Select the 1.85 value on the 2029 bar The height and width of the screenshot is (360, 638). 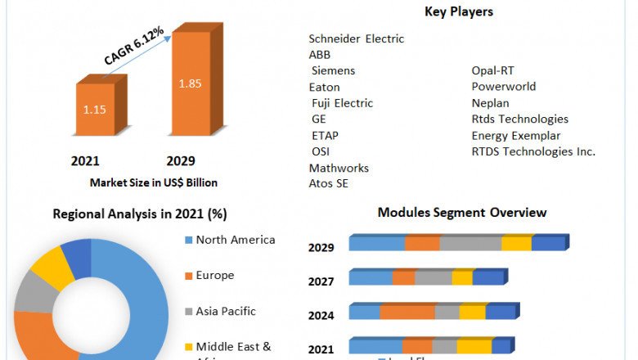(x=190, y=83)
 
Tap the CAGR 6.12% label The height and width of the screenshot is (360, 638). (x=134, y=46)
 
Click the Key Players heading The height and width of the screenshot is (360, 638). (x=459, y=11)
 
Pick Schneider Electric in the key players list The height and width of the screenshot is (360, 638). (x=357, y=38)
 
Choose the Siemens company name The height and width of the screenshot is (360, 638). (x=334, y=70)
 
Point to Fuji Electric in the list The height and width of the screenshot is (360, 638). (x=342, y=103)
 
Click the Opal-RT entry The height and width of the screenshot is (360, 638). (x=492, y=70)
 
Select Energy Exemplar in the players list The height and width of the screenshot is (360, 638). (x=516, y=135)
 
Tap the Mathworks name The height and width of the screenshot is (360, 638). (x=339, y=168)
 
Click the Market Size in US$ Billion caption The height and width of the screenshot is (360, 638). (x=154, y=182)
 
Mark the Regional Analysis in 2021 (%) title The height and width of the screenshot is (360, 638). (x=140, y=214)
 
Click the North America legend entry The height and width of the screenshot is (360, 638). (x=236, y=240)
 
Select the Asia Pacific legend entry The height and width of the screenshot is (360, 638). (x=226, y=311)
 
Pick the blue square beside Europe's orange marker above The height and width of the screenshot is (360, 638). (x=188, y=240)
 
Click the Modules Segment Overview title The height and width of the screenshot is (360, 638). (x=462, y=213)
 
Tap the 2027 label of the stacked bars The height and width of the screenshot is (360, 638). (x=321, y=281)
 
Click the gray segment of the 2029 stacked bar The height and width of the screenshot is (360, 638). (x=470, y=243)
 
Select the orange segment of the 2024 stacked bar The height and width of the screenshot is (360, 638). (x=407, y=312)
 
